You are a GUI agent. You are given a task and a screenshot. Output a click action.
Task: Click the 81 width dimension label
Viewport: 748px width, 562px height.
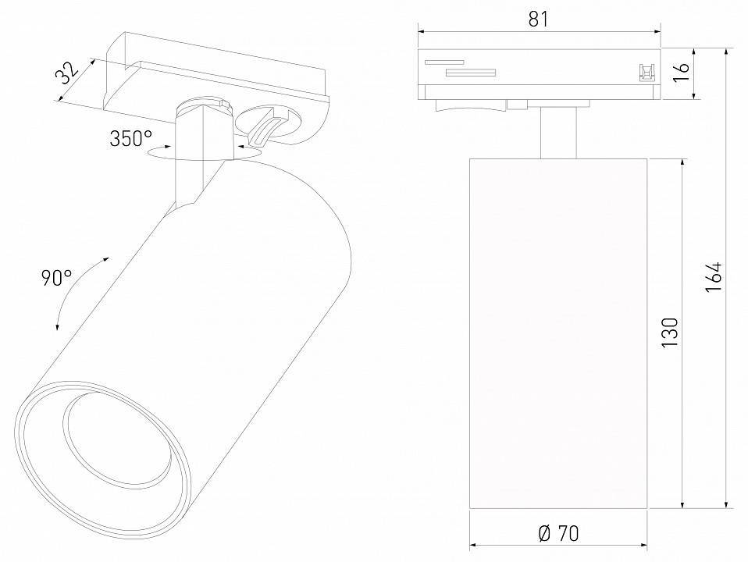click(538, 19)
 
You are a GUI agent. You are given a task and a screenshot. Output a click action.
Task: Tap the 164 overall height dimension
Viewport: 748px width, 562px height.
click(714, 276)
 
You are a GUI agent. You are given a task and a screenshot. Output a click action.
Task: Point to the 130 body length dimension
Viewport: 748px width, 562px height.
click(669, 333)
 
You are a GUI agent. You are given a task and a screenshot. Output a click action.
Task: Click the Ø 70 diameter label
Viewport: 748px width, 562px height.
click(558, 534)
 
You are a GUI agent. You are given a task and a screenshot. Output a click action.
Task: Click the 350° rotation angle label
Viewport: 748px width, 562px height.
click(130, 140)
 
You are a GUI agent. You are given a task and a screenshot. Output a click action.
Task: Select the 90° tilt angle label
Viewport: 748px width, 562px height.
click(55, 277)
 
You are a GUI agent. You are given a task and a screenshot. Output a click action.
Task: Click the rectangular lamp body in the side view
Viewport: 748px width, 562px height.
click(558, 333)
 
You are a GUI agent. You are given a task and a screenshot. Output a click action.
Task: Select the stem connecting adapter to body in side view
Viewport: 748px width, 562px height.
click(558, 133)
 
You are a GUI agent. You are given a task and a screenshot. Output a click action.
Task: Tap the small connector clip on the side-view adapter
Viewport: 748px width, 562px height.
click(646, 72)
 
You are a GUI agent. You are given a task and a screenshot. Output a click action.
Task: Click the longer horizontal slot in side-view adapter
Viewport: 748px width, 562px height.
click(470, 73)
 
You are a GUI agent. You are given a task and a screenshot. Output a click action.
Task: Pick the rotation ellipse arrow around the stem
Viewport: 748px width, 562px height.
click(203, 155)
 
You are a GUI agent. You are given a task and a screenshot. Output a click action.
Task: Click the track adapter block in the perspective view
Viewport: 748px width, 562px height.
click(219, 74)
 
